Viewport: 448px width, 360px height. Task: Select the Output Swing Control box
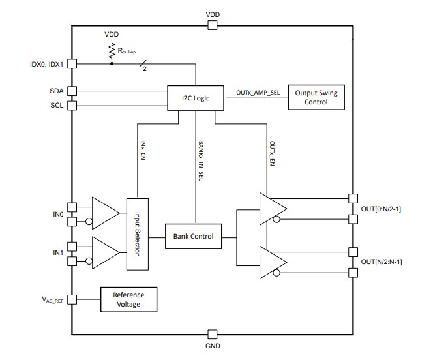click(x=316, y=97)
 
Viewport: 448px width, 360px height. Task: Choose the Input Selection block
click(x=138, y=233)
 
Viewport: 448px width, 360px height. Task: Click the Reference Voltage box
click(x=128, y=299)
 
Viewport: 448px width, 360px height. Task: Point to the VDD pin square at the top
click(x=212, y=25)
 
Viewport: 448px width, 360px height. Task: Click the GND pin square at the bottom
click(x=212, y=334)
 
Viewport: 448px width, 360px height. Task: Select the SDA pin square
click(x=72, y=91)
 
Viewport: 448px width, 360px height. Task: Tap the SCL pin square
click(x=72, y=105)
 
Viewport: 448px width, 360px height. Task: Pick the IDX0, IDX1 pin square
click(x=72, y=64)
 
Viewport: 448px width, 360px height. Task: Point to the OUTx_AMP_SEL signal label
click(x=258, y=93)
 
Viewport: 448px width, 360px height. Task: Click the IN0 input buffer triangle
click(x=104, y=212)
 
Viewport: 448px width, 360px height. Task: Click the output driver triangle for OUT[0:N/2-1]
click(x=273, y=207)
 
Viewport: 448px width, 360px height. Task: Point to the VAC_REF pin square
click(x=72, y=299)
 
